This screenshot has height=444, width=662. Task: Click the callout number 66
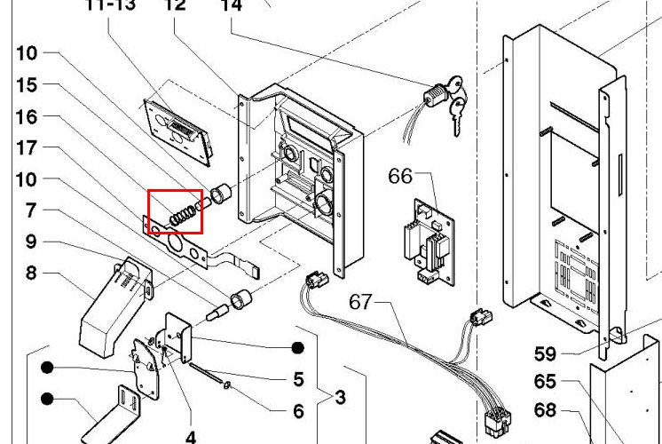click(400, 176)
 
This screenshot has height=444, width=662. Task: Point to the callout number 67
click(359, 302)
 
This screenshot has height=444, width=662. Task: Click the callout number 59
click(545, 354)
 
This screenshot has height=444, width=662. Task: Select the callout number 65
click(545, 382)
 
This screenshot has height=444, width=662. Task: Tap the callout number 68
click(545, 410)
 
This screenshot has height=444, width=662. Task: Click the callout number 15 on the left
click(27, 85)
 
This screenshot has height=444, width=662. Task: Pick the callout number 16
click(27, 117)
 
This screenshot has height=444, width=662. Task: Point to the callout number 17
click(27, 149)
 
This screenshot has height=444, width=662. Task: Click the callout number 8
click(32, 273)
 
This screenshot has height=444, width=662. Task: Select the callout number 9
click(32, 241)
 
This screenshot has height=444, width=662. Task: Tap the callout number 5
click(299, 379)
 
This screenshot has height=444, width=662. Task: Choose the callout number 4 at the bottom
click(190, 437)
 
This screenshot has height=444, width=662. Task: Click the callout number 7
click(32, 210)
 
